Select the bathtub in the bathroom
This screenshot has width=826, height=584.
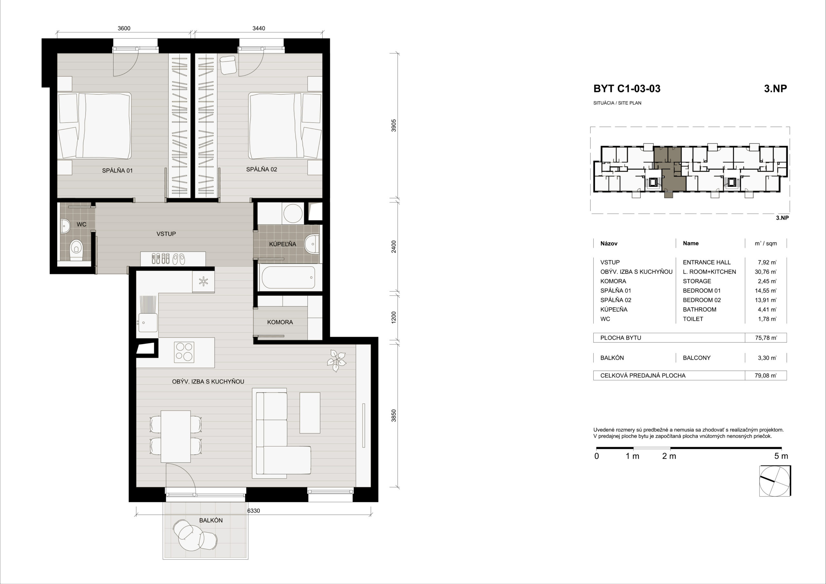pos(288,278)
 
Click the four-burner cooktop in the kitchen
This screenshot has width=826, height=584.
pos(184,352)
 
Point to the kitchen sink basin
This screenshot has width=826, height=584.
pos(147,322)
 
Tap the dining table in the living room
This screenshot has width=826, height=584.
pos(176,436)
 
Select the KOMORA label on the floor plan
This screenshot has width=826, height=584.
pos(280,322)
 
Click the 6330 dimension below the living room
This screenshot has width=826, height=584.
pos(253,510)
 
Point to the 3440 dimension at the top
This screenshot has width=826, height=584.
pos(259,28)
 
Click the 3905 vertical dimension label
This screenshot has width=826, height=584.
pos(394,125)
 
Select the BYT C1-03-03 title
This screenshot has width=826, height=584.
pos(627,88)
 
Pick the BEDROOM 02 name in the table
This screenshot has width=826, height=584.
pos(702,300)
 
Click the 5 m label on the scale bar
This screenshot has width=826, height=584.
pos(781,456)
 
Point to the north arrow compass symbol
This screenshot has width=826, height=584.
pos(775,481)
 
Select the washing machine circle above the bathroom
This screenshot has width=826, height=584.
pos(293,213)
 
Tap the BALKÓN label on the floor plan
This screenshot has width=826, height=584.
pos(211,520)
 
